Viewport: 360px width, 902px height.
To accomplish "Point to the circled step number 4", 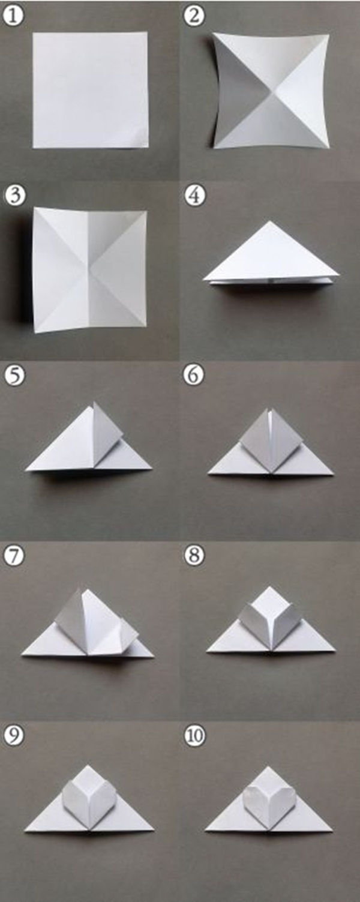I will (194, 196).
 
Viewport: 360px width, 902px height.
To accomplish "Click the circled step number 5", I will (13, 375).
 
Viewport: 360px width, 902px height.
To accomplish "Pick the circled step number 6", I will (194, 375).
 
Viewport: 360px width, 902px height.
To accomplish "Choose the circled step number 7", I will (13, 556).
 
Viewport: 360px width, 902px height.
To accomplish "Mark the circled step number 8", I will (194, 556).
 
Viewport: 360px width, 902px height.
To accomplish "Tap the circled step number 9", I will (13, 736).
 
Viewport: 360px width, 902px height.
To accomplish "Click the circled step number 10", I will (194, 736).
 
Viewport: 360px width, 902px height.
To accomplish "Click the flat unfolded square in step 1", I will (90, 90).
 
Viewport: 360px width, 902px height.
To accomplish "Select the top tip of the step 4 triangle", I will (271, 222).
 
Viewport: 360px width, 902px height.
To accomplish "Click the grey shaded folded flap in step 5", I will (107, 431).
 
